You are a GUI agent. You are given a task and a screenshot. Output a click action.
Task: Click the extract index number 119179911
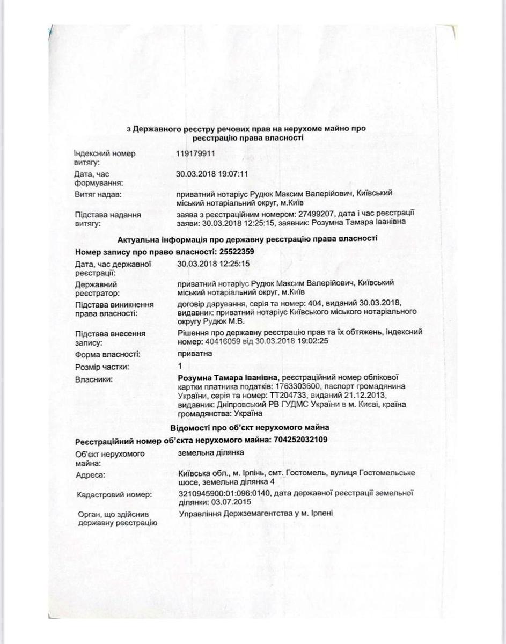[196, 153]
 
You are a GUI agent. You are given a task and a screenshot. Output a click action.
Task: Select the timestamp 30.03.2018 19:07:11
[212, 173]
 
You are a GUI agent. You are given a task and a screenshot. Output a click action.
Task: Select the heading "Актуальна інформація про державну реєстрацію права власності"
[226, 239]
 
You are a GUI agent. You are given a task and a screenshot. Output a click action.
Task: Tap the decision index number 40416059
[224, 341]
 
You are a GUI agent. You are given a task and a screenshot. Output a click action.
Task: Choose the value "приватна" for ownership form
[194, 354]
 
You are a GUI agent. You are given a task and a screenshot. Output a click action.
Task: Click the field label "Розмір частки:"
[102, 367]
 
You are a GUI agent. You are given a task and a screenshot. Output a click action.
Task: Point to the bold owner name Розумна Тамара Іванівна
[228, 378]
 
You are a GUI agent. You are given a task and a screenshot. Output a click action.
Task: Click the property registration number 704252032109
[299, 440]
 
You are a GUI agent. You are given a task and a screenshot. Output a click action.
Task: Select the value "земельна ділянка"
[210, 452]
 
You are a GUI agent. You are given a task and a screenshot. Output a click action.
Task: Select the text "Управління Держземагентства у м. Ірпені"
[255, 513]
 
